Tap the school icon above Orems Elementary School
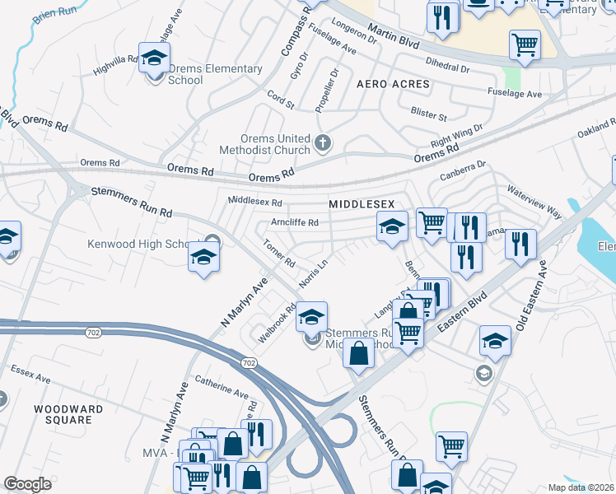153,57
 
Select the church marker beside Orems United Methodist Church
323,143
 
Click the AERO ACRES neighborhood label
393,85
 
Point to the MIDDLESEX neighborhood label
362,203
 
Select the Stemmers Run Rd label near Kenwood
131,202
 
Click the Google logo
27,483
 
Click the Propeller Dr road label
327,91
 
